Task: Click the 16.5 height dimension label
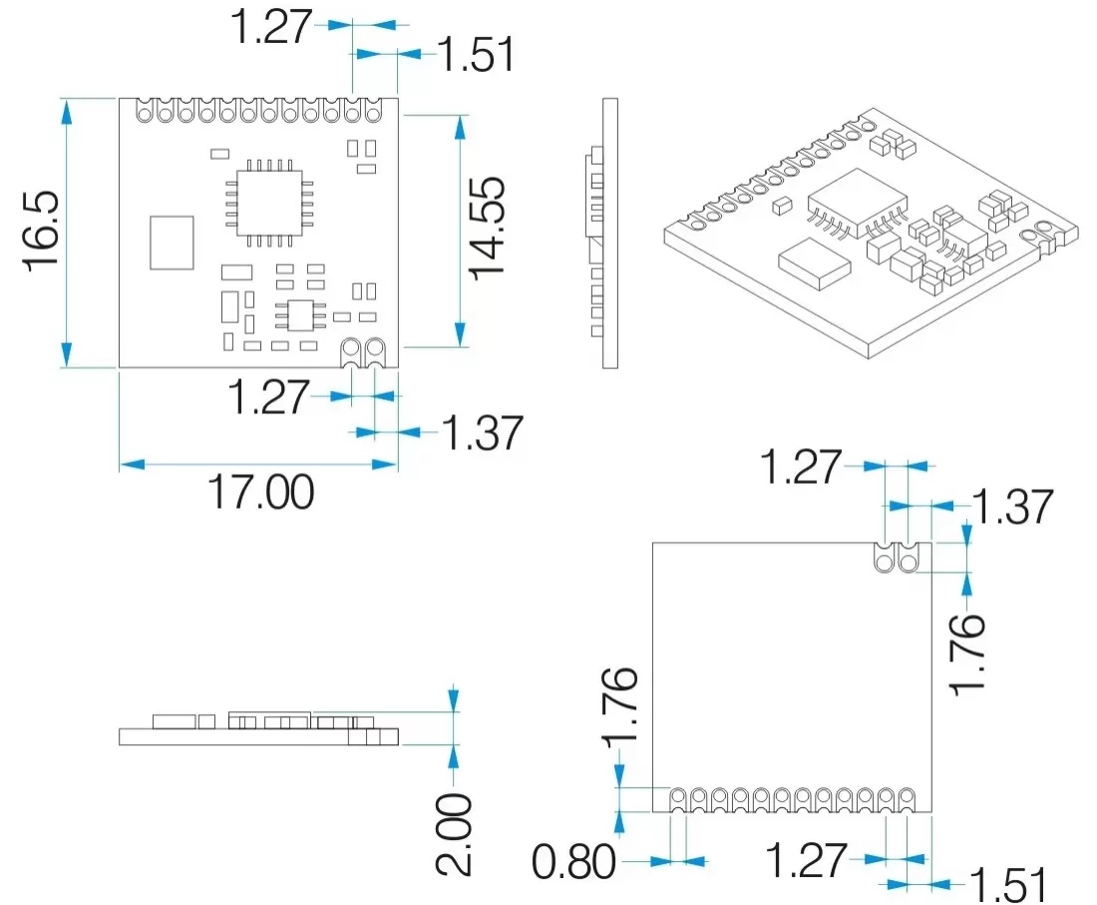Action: [x=42, y=231]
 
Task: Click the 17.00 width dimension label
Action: [x=259, y=492]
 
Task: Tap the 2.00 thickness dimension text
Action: [x=455, y=834]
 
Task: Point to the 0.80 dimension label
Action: [x=574, y=862]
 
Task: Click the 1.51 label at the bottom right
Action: [x=1009, y=884]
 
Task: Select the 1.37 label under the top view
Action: [x=482, y=433]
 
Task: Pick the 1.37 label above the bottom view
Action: [x=1012, y=507]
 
